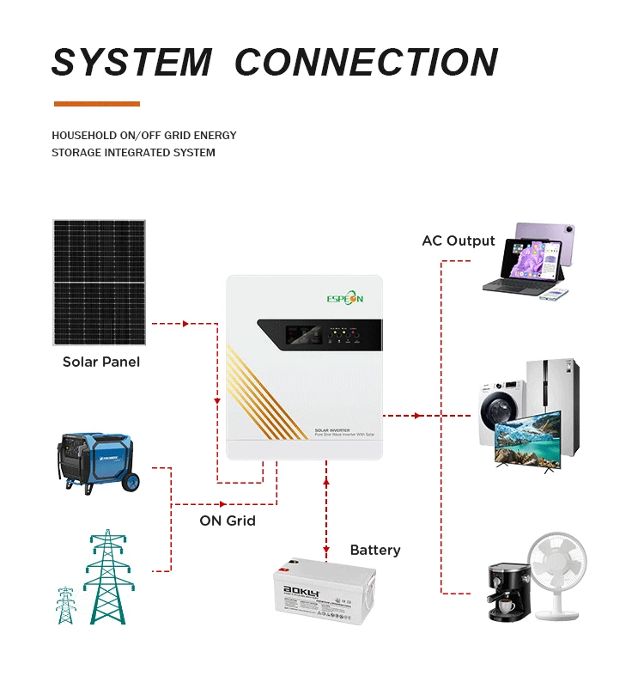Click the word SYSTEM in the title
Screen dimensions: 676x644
pos(131,62)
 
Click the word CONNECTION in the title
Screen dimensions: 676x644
pos(367,62)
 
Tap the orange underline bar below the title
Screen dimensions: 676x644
pos(96,104)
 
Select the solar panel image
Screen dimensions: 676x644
pos(99,283)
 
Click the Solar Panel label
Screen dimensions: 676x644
pos(101,362)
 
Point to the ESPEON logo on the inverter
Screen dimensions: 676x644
pos(343,297)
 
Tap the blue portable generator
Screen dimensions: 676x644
pos(96,460)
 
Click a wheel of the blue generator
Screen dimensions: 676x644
pos(132,483)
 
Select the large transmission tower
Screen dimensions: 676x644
pos(108,576)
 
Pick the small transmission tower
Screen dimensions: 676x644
pos(65,605)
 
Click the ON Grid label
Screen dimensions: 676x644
pos(227,521)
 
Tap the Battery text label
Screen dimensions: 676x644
pos(375,550)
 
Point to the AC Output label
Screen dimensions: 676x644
pos(458,241)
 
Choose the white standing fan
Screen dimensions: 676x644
pos(558,571)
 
